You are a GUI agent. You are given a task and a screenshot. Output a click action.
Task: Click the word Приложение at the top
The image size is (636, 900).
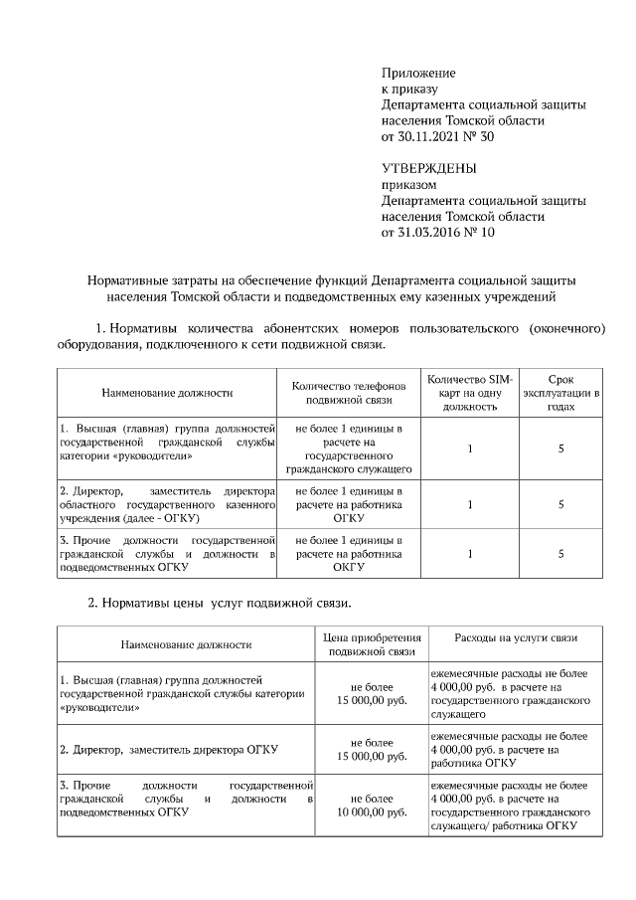[418, 74]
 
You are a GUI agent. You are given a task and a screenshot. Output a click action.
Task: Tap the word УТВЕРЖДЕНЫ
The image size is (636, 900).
[429, 168]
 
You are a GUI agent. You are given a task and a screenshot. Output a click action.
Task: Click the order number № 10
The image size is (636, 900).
[479, 232]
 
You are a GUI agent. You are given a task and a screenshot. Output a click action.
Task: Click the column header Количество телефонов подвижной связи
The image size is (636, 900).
[349, 393]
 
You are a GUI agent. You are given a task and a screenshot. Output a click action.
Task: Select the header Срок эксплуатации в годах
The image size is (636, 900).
[561, 393]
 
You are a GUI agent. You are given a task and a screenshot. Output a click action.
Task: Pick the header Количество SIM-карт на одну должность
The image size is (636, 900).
[468, 393]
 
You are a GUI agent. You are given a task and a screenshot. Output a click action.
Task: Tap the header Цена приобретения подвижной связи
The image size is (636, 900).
[373, 644]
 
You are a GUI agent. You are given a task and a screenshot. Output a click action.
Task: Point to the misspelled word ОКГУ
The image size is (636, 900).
[349, 567]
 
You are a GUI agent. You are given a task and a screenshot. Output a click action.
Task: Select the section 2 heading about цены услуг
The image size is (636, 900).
[220, 603]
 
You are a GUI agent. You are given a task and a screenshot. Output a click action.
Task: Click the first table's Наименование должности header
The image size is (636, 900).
[167, 393]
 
